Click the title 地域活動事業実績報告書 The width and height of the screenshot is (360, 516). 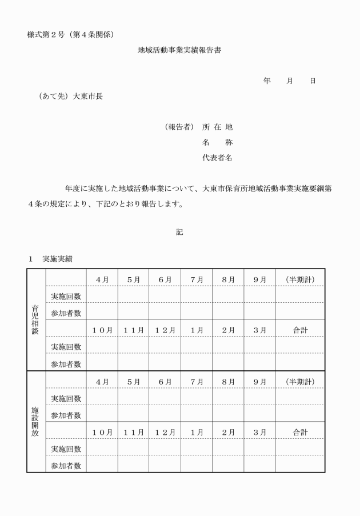click(x=179, y=50)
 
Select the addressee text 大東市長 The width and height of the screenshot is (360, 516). click(x=89, y=97)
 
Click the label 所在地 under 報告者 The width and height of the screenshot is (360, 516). click(x=217, y=127)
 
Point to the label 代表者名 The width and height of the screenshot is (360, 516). click(x=217, y=158)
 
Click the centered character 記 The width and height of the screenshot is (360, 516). click(x=179, y=232)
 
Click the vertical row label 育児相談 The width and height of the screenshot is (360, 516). click(x=36, y=319)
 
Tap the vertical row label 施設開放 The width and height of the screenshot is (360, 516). click(x=36, y=421)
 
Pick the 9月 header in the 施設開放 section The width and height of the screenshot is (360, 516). click(x=259, y=381)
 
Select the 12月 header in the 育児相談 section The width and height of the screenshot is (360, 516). click(x=165, y=330)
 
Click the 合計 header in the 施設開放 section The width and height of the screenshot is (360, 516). click(x=300, y=432)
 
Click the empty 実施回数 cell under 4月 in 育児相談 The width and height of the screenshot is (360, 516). click(x=102, y=295)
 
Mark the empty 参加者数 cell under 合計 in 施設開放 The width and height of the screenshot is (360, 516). click(x=300, y=465)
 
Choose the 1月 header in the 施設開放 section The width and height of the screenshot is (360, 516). click(x=197, y=432)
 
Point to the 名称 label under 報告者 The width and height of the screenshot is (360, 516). click(x=217, y=142)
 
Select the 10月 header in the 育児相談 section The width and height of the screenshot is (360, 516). click(x=102, y=330)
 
